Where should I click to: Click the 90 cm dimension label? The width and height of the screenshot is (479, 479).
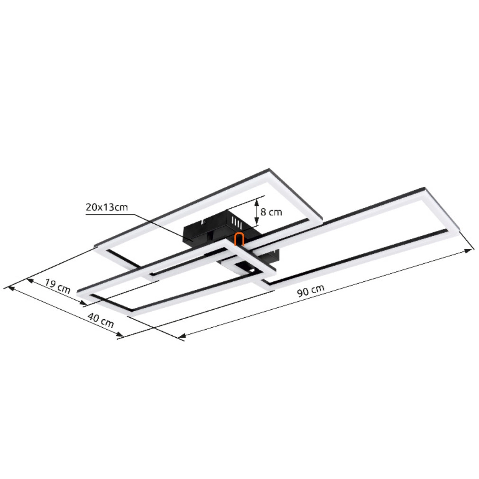point(310,291)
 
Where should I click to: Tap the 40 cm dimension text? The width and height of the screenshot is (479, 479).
point(101,320)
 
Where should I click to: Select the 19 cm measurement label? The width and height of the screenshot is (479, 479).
point(57,286)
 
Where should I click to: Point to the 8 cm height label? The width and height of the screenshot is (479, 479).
point(271,212)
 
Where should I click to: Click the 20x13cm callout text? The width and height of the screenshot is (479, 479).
point(107,207)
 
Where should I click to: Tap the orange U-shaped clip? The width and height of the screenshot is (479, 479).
point(239,239)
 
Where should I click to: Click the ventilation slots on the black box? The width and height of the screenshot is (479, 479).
point(237,222)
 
